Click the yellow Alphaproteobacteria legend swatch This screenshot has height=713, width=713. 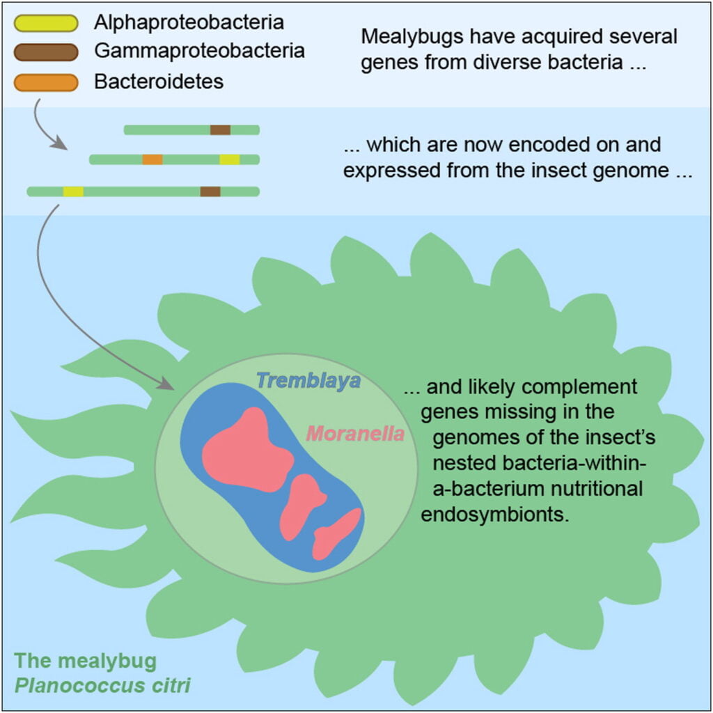point(46,23)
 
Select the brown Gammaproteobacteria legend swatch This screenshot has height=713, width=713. point(46,52)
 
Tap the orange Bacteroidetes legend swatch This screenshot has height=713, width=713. point(46,82)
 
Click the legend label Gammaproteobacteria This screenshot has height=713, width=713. point(199,51)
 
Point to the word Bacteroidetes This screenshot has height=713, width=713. point(159,81)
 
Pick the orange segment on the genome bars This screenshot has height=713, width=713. point(152,159)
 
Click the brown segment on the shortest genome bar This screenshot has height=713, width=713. point(220,130)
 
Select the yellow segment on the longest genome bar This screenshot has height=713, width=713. point(73,191)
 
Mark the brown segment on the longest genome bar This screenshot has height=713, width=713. point(210,191)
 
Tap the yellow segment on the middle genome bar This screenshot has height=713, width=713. point(230,159)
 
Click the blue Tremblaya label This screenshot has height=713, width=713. point(308,380)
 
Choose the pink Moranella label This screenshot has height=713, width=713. point(355,433)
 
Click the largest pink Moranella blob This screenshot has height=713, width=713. point(248,451)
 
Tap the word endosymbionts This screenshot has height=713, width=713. point(495,515)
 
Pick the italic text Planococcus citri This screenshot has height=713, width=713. point(102,685)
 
